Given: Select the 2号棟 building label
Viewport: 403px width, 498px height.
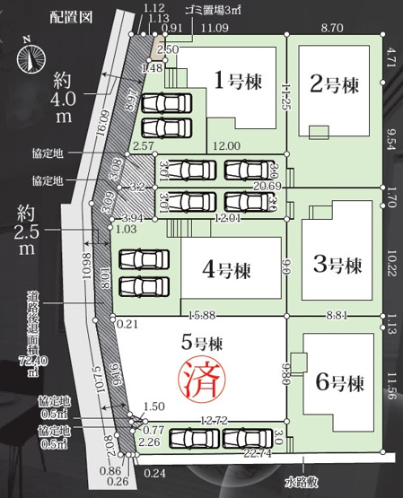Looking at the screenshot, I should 334,85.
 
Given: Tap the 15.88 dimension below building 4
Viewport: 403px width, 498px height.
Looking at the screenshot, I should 206,314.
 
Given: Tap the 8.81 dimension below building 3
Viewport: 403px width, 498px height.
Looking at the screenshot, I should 337,314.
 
